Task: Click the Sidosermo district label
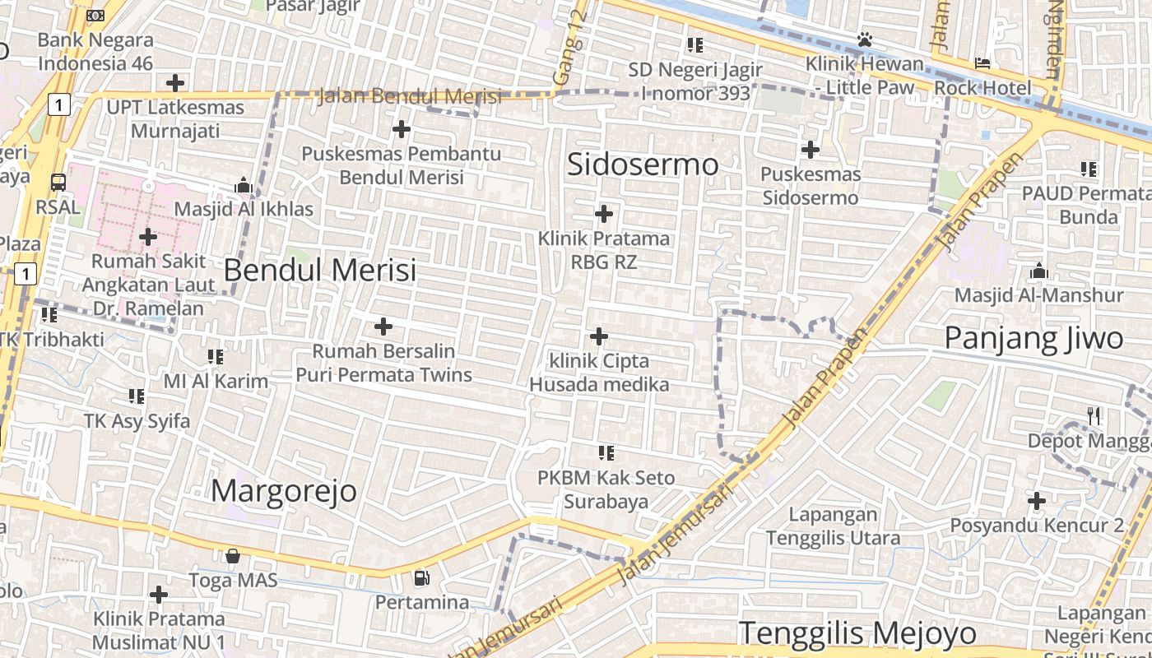click(x=643, y=164)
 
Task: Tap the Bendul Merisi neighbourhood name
click(x=319, y=270)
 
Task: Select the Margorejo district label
click(x=284, y=491)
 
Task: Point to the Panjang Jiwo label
click(x=1034, y=338)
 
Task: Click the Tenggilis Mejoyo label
click(x=857, y=633)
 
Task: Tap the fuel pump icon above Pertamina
click(x=421, y=577)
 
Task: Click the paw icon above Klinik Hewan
click(x=864, y=39)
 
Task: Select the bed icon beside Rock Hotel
click(x=982, y=63)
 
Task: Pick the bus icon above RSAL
click(x=58, y=182)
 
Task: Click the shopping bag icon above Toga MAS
click(x=233, y=556)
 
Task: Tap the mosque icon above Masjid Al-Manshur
click(x=1038, y=271)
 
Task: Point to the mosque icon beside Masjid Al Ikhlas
click(x=243, y=186)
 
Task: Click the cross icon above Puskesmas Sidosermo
click(x=811, y=150)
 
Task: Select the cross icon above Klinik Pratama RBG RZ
click(x=604, y=214)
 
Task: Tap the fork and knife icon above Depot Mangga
click(x=1094, y=416)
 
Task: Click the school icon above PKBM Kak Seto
click(x=606, y=452)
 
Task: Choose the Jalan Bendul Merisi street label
click(x=409, y=96)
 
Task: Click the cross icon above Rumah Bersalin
click(x=383, y=327)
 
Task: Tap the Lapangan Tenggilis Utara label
click(x=833, y=526)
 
